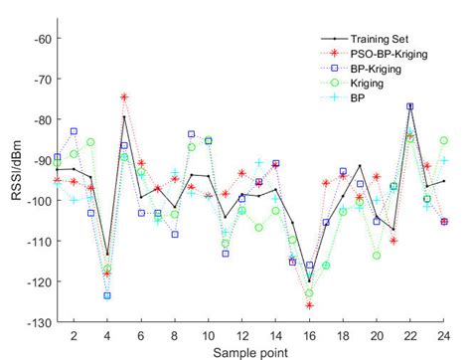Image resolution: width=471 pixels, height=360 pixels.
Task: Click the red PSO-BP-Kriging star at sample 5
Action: point(124,97)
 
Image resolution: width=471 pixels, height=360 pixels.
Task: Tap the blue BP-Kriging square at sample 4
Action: point(107,295)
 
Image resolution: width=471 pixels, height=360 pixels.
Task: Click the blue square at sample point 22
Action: point(409,106)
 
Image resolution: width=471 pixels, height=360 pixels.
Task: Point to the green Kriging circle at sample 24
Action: point(443,141)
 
